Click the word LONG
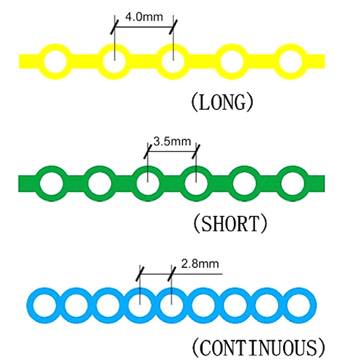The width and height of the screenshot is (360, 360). [x=221, y=103]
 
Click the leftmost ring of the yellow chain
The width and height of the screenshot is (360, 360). [x=55, y=60]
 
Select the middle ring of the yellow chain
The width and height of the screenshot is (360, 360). [x=173, y=60]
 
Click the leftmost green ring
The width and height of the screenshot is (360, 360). [x=52, y=183]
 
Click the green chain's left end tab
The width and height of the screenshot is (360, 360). [x=26, y=183]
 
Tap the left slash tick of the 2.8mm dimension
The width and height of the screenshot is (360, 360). [x=140, y=273]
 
